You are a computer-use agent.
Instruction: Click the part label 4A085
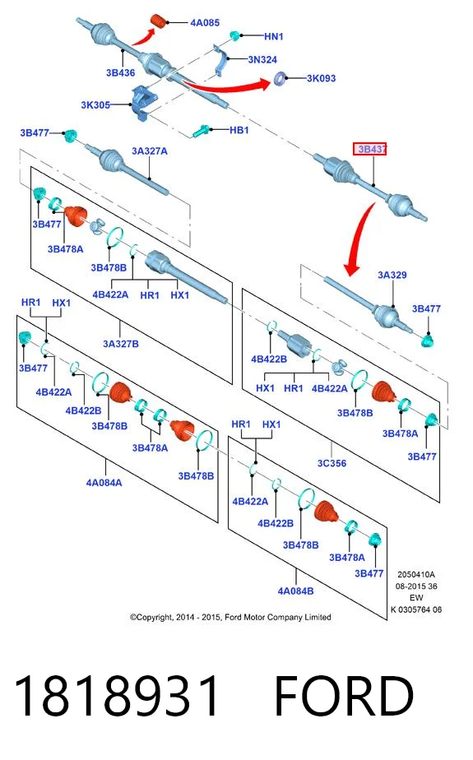[x=205, y=23]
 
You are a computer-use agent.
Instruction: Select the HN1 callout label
[x=273, y=36]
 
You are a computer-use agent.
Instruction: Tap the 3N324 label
[x=262, y=59]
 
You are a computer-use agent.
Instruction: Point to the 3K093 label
[x=321, y=78]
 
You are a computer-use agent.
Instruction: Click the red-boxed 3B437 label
[x=370, y=150]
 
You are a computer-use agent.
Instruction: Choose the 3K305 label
[x=95, y=104]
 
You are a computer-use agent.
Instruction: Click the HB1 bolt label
[x=239, y=131]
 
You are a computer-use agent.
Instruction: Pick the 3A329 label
[x=392, y=276]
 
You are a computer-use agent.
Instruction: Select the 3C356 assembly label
[x=332, y=463]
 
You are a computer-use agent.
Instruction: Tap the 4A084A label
[x=104, y=483]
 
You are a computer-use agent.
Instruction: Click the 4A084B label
[x=295, y=591]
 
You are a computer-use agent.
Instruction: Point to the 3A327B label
[x=121, y=344]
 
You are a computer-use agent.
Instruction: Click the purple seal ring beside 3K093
[x=280, y=78]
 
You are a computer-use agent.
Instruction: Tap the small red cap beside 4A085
[x=159, y=21]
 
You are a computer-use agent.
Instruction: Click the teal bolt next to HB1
[x=201, y=131]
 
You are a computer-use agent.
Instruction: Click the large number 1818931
[x=117, y=697]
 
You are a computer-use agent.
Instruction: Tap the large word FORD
[x=345, y=697]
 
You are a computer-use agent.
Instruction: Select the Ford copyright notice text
[x=230, y=618]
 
